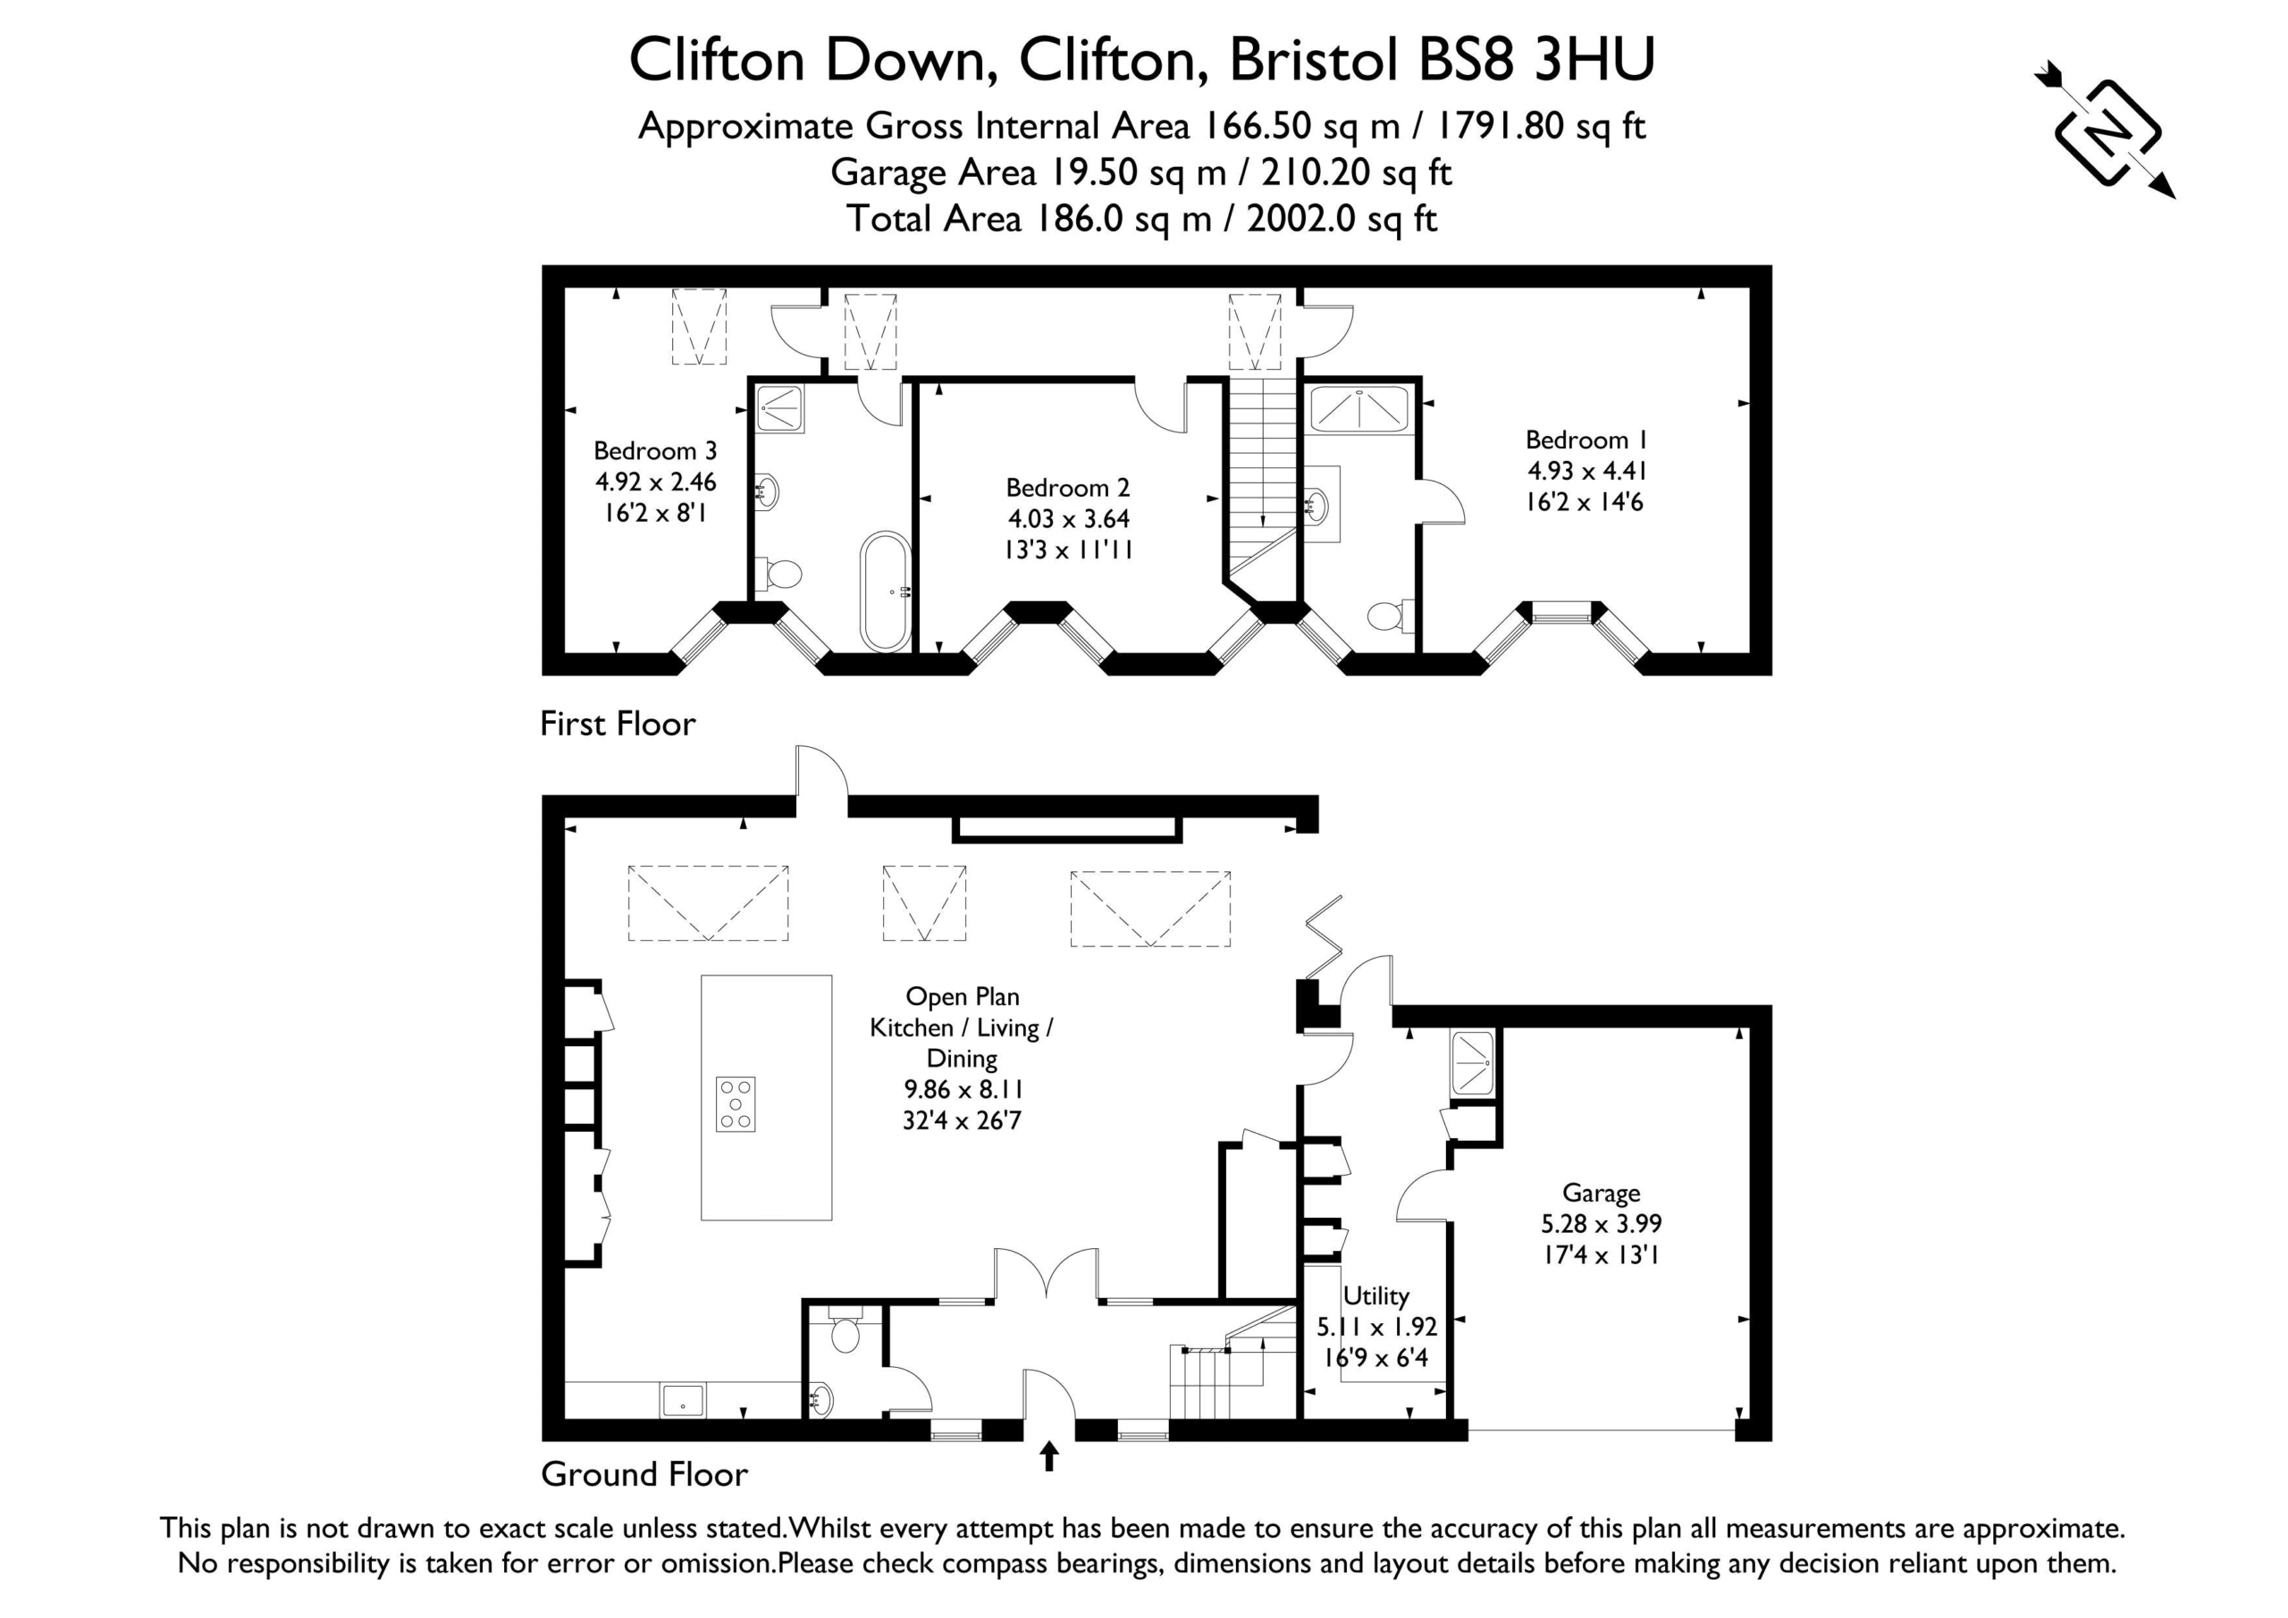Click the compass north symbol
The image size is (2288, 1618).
(2106, 131)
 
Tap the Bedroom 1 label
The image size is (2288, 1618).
(1586, 440)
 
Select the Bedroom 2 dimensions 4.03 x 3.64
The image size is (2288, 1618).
(1068, 519)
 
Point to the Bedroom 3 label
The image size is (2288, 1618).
(655, 451)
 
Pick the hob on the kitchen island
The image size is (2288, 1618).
(736, 1104)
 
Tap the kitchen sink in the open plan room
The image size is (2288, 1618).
(683, 1400)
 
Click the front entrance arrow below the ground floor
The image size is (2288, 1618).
(1048, 1456)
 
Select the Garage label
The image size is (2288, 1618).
(1601, 1193)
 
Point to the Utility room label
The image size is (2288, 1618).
(1376, 1296)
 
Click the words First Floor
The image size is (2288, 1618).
(618, 724)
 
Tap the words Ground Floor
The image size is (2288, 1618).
(644, 1474)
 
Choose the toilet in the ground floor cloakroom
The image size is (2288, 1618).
(845, 1329)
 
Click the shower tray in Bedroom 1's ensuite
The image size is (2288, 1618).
(1359, 407)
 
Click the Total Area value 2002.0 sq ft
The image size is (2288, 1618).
(1342, 219)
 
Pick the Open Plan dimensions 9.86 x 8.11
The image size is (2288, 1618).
(963, 1090)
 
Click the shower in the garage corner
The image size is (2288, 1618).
(1473, 1063)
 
